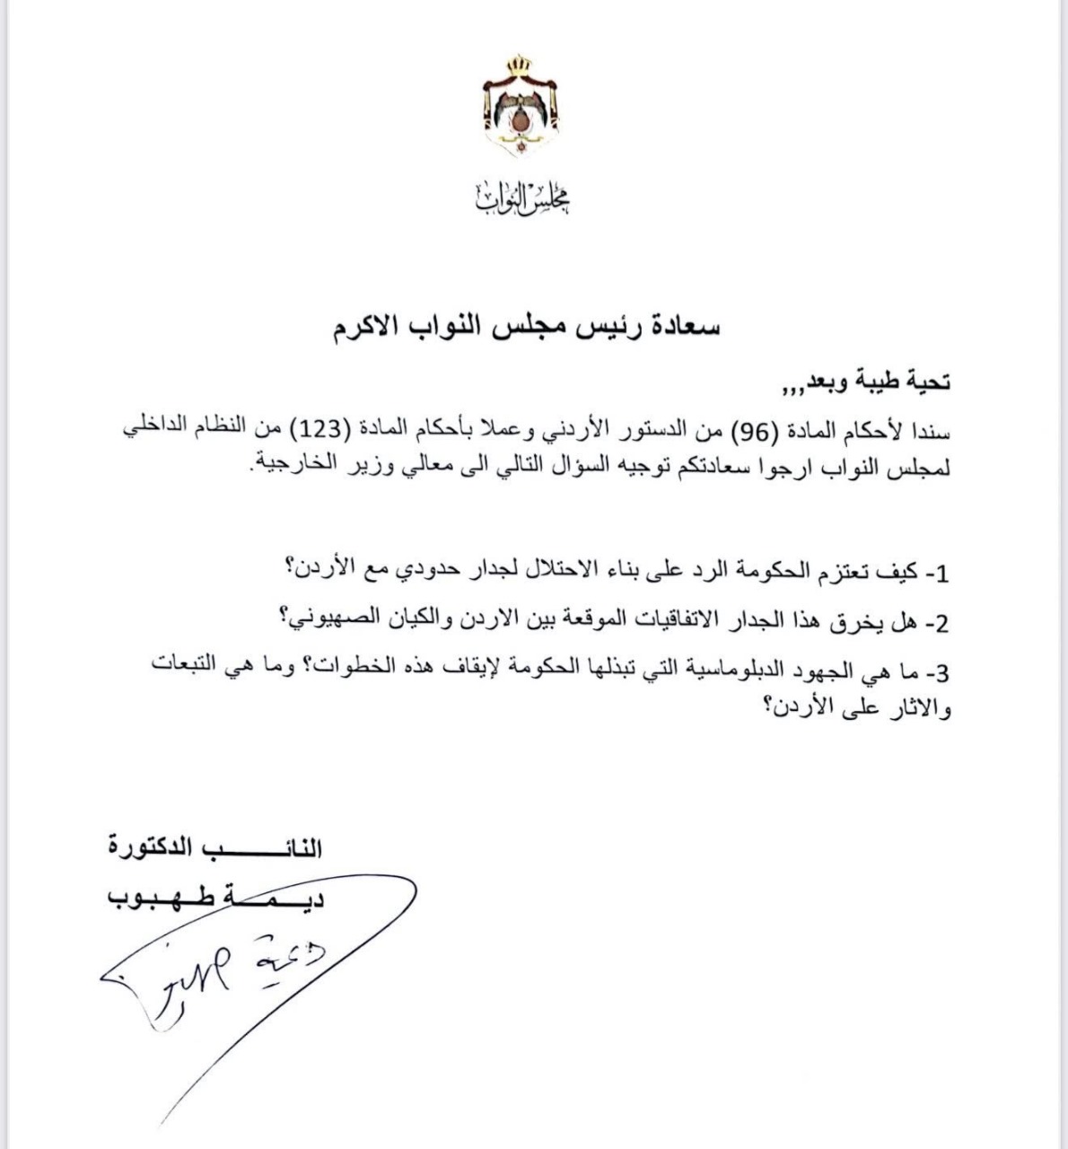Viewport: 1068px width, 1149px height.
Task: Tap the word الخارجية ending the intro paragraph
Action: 299,465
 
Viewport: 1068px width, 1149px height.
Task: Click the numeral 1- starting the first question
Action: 937,572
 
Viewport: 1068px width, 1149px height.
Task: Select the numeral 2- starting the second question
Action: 937,621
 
